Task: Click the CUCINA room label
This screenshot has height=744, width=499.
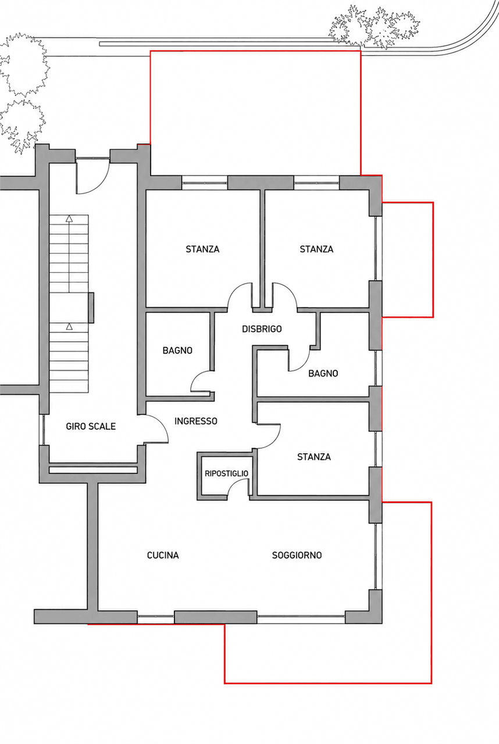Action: point(163,555)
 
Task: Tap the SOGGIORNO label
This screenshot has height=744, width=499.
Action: point(297,555)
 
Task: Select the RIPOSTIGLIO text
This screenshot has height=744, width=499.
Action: point(226,473)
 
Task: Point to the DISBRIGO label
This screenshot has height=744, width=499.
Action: point(262,329)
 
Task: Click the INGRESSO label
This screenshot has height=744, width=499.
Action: point(195,421)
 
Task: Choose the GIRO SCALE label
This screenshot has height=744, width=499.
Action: point(91,427)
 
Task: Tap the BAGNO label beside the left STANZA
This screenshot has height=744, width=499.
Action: point(177,350)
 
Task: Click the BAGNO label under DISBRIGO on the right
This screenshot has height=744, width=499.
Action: point(323,373)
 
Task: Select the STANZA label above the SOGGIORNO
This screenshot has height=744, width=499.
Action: point(314,457)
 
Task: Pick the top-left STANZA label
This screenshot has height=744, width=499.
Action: point(202,249)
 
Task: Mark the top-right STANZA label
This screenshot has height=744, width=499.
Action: point(316,249)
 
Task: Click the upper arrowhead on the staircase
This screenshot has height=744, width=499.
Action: point(69,218)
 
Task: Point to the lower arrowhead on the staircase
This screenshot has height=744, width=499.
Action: point(69,326)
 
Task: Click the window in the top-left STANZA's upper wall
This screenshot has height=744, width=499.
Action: point(205,183)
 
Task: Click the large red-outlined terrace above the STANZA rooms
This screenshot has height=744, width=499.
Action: point(255,113)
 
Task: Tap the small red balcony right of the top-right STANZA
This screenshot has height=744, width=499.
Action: point(408,260)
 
